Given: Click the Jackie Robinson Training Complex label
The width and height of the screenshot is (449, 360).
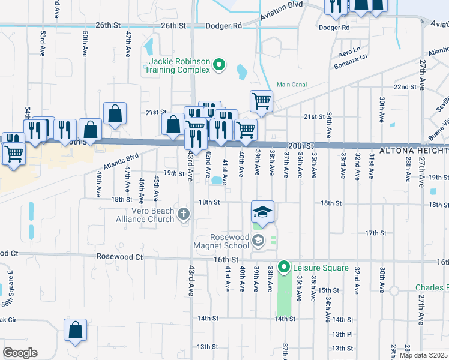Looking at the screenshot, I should coord(176,65).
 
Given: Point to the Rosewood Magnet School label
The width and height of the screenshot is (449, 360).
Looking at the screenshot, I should coord(221,241).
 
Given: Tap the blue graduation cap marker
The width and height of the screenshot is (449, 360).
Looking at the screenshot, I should coord(262,212).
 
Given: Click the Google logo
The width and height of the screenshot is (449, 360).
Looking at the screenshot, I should coord(20,352).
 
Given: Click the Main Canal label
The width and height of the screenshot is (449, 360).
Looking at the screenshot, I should coord(291,85).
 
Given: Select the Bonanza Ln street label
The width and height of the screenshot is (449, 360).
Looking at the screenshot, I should coord(352,58).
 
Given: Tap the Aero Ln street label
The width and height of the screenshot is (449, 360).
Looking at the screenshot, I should coord(349,50).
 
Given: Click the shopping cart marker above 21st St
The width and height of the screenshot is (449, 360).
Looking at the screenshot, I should coord(261,101).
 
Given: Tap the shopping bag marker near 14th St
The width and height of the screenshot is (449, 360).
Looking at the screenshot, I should coord(75,331).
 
